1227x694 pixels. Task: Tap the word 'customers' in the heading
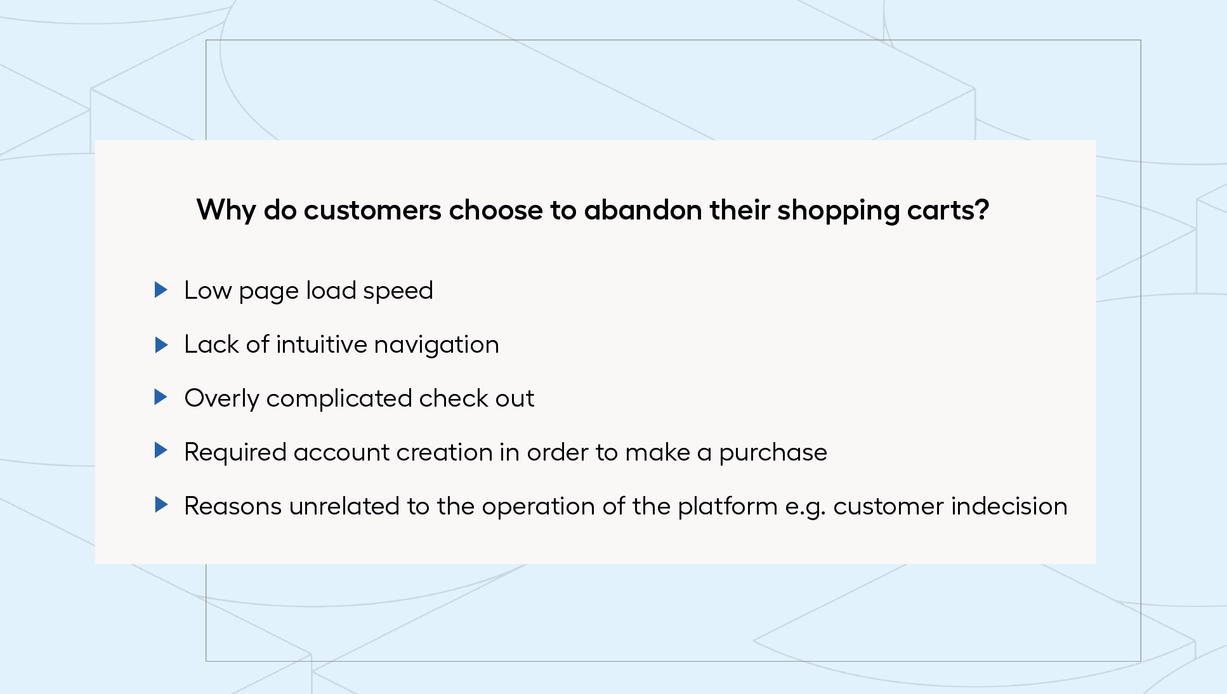pyautogui.click(x=372, y=211)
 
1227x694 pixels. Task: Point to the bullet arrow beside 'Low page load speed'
pyautogui.click(x=161, y=290)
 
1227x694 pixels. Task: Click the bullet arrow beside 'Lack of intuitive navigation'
pyautogui.click(x=161, y=344)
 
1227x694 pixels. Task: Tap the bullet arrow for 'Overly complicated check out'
pyautogui.click(x=161, y=397)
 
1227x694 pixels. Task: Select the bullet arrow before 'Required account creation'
pyautogui.click(x=161, y=450)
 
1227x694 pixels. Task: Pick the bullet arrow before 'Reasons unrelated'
pyautogui.click(x=161, y=505)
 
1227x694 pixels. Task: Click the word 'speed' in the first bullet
pyautogui.click(x=398, y=291)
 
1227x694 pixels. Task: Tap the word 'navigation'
pyautogui.click(x=436, y=345)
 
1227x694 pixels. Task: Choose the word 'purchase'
pyautogui.click(x=773, y=453)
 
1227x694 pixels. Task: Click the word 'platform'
pyautogui.click(x=728, y=507)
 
